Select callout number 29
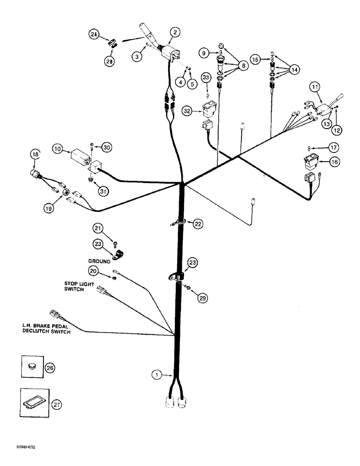[201, 299]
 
